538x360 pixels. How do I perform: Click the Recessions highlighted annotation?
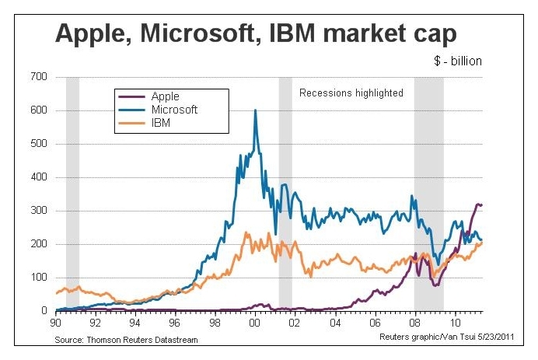(351, 93)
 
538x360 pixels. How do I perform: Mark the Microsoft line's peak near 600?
(256, 110)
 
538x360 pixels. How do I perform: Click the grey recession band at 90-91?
(72, 194)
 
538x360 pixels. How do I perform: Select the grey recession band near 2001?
(285, 194)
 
